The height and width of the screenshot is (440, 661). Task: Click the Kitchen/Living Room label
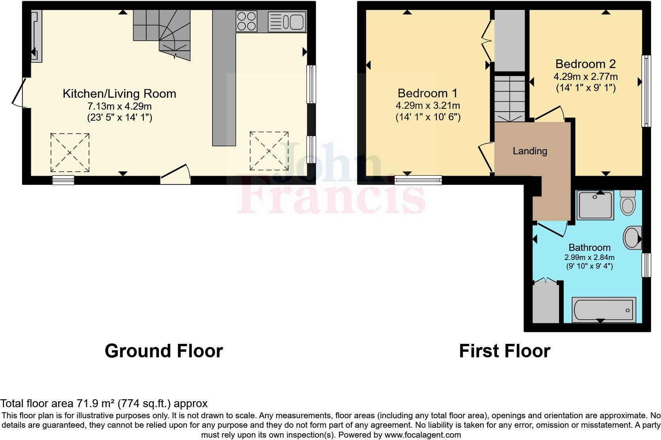pos(119,94)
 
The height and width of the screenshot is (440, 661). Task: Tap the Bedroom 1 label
pos(427,93)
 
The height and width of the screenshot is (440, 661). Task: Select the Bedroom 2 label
pos(585,64)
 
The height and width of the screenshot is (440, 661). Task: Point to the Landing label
pos(530,151)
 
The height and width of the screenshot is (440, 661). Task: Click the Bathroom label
pos(589,247)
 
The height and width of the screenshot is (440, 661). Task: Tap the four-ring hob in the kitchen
pos(246,21)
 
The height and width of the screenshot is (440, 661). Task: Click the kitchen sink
pos(287,21)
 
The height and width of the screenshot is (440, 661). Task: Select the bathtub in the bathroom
pos(604,309)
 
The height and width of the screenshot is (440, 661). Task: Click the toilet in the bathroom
pos(627,202)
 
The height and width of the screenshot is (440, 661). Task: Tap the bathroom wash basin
pos(632,238)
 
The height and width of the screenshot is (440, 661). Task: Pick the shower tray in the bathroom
pos(595,205)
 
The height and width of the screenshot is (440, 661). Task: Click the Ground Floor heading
pos(164,351)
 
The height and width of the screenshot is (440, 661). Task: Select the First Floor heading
pos(504,351)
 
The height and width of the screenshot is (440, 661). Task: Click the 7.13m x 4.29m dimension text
pos(119,106)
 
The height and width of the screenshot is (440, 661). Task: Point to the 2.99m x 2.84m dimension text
pos(589,257)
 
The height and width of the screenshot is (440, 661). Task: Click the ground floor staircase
pos(162,34)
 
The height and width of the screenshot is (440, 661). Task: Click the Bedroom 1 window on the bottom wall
pos(418,180)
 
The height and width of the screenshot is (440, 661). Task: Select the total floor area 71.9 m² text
pos(104,404)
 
